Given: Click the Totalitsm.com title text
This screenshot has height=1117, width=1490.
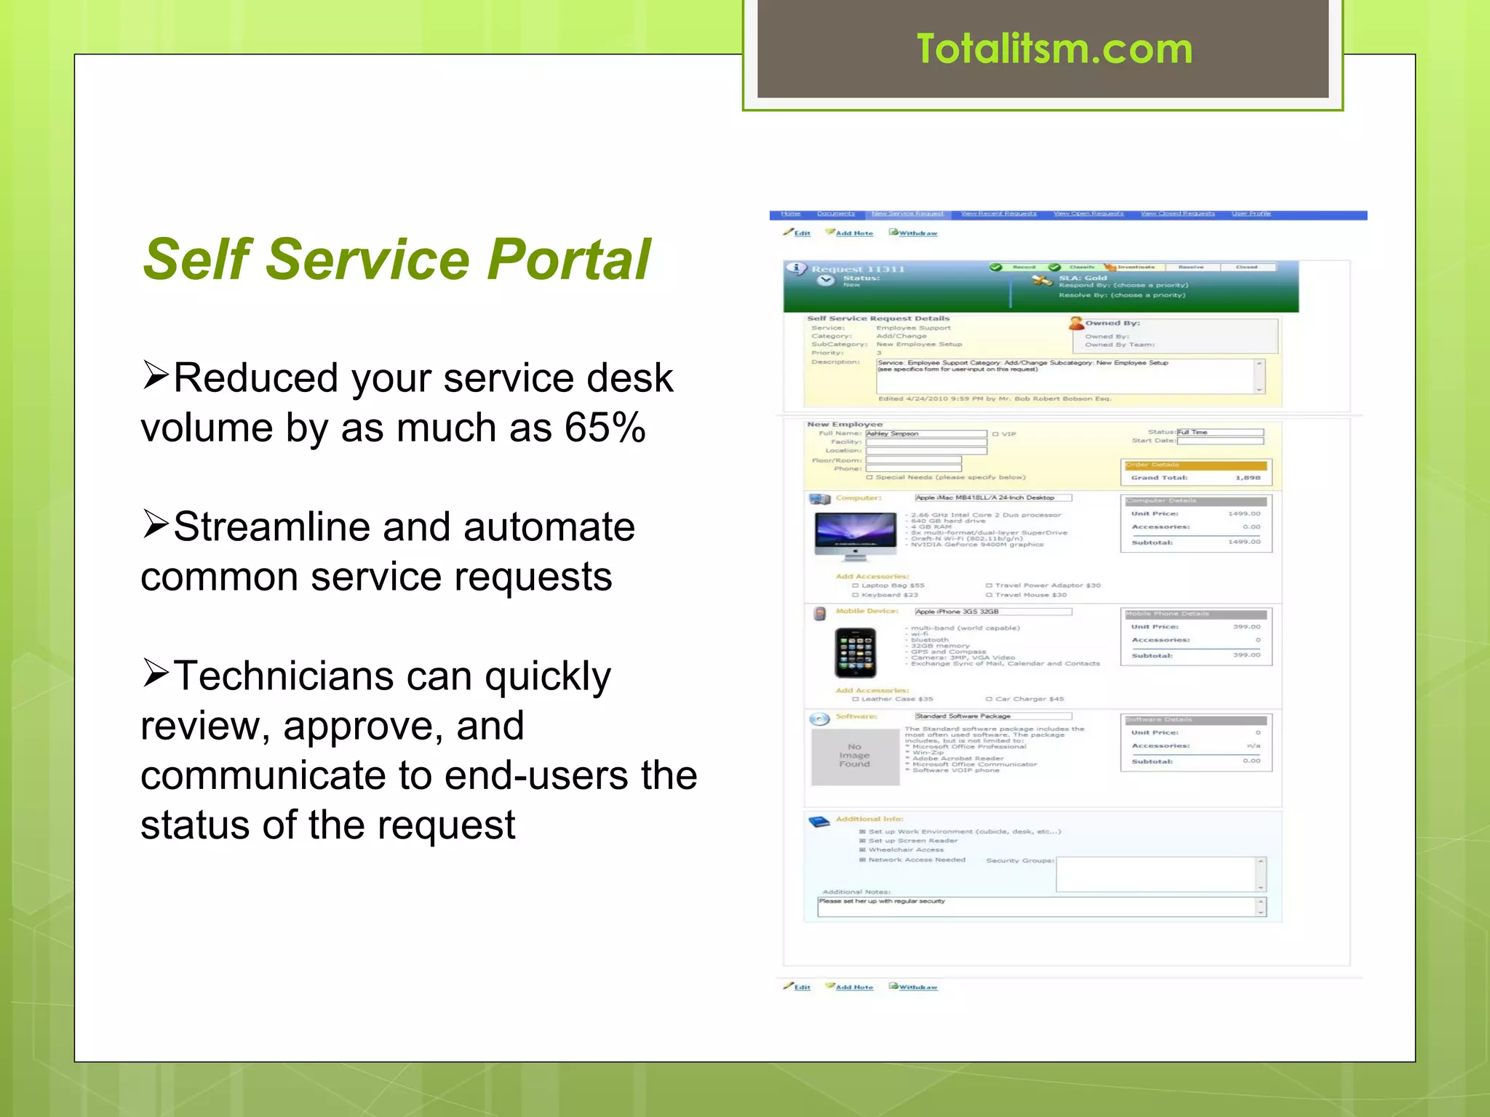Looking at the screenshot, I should click(x=1054, y=49).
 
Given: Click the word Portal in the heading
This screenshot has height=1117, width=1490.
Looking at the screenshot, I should click(x=568, y=260).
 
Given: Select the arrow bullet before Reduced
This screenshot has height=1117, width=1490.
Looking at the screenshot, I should click(x=156, y=375).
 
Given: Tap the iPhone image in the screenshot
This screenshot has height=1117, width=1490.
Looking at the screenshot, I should click(x=855, y=652).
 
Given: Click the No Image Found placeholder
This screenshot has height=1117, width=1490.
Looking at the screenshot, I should click(x=855, y=756).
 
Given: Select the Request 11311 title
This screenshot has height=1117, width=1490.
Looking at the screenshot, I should click(x=858, y=269).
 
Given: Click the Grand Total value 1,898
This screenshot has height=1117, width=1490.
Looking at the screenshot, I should click(x=1247, y=478).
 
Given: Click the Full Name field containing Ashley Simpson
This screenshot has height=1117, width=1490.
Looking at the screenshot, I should click(x=925, y=433).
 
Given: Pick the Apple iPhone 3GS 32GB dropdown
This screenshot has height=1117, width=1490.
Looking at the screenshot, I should click(x=992, y=612).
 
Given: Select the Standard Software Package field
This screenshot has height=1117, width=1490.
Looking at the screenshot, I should click(x=992, y=716).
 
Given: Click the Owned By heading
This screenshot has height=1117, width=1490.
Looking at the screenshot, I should click(x=1112, y=323).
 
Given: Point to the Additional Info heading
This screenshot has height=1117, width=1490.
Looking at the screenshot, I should click(x=869, y=819).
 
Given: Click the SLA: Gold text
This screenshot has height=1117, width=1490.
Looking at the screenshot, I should click(x=1083, y=278).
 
